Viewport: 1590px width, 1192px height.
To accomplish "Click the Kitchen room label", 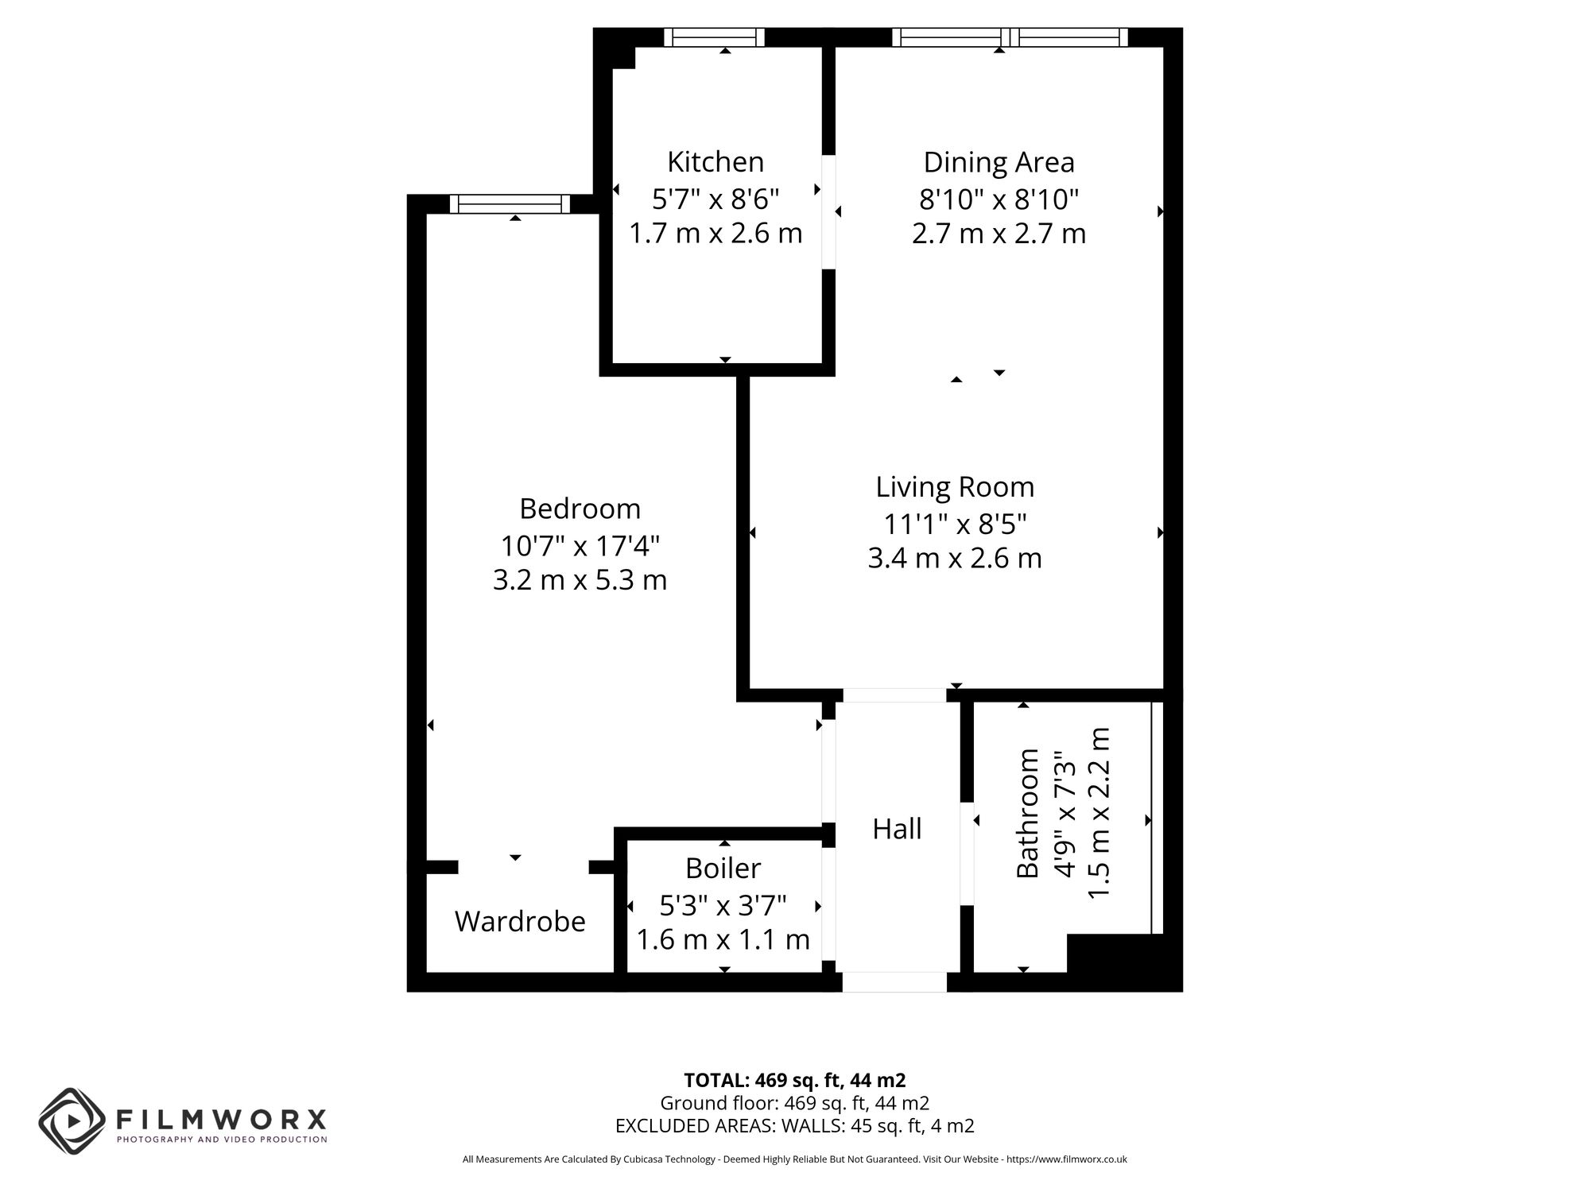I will [715, 162].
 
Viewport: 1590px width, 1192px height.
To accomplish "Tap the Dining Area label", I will [999, 162].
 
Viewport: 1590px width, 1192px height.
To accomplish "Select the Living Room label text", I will [954, 487].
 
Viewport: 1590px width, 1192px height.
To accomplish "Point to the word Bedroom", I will [580, 509].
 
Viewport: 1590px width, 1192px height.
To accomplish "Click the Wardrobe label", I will [520, 922].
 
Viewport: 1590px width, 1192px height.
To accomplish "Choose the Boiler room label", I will [723, 868].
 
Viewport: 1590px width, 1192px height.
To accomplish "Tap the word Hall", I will [897, 829].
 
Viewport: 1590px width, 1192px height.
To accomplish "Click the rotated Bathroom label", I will [1028, 813].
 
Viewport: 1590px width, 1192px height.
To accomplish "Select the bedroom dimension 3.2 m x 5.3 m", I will [580, 580].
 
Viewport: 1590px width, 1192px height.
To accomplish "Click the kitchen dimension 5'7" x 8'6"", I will [715, 199].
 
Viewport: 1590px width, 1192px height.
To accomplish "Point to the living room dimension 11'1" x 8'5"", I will [954, 524].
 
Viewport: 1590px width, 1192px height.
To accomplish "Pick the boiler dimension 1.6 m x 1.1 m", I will [723, 940].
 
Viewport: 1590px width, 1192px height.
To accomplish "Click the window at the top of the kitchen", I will [714, 37].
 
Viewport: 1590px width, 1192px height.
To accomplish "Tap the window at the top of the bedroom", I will [510, 204].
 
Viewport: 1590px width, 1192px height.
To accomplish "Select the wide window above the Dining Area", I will [1010, 37].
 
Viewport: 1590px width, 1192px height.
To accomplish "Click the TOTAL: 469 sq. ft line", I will [794, 1081].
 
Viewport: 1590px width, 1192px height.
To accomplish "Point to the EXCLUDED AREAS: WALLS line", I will [794, 1126].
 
